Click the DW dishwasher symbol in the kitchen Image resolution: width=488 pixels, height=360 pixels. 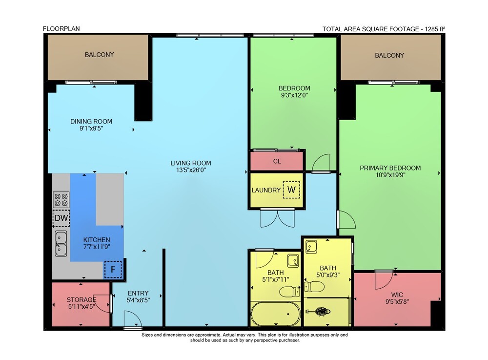pos(61,218)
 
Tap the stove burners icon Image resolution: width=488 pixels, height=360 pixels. pos(61,200)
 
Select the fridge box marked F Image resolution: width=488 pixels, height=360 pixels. pos(113,269)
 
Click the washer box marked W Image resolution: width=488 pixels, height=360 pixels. pos(291,190)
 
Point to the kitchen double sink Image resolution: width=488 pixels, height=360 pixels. pos(61,244)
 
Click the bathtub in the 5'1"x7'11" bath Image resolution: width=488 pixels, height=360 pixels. pos(276,314)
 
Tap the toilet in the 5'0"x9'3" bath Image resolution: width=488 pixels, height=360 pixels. pos(314,286)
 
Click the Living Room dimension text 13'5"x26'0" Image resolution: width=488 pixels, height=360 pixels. pos(191,170)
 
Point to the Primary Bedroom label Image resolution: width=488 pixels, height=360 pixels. pos(390,168)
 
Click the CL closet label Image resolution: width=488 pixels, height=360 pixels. pos(277,161)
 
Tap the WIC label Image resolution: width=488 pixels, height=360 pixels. pos(397,295)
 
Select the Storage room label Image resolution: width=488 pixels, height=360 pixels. pos(81,299)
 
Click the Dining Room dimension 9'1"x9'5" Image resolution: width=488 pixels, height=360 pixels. pos(91,128)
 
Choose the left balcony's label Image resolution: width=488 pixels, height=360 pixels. pos(100,55)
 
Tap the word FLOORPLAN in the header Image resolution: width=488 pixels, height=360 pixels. pos(61,29)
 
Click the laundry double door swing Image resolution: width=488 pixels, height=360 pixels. pos(277,218)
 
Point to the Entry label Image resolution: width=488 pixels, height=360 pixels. pos(138,293)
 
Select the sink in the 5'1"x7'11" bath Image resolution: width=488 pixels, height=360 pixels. pos(293,261)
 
